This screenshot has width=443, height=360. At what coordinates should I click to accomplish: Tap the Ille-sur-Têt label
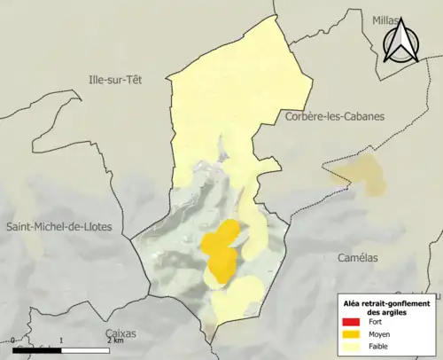114,79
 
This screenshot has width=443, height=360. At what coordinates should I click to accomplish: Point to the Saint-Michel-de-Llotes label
59,227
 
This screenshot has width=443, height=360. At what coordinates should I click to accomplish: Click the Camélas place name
358,257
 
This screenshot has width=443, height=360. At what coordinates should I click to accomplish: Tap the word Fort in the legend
375,322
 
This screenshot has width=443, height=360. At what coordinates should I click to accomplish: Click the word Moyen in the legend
379,334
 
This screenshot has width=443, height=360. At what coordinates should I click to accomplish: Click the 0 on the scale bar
13,340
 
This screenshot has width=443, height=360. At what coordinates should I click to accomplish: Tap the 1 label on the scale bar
60,340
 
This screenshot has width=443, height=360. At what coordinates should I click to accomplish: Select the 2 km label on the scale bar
114,340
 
